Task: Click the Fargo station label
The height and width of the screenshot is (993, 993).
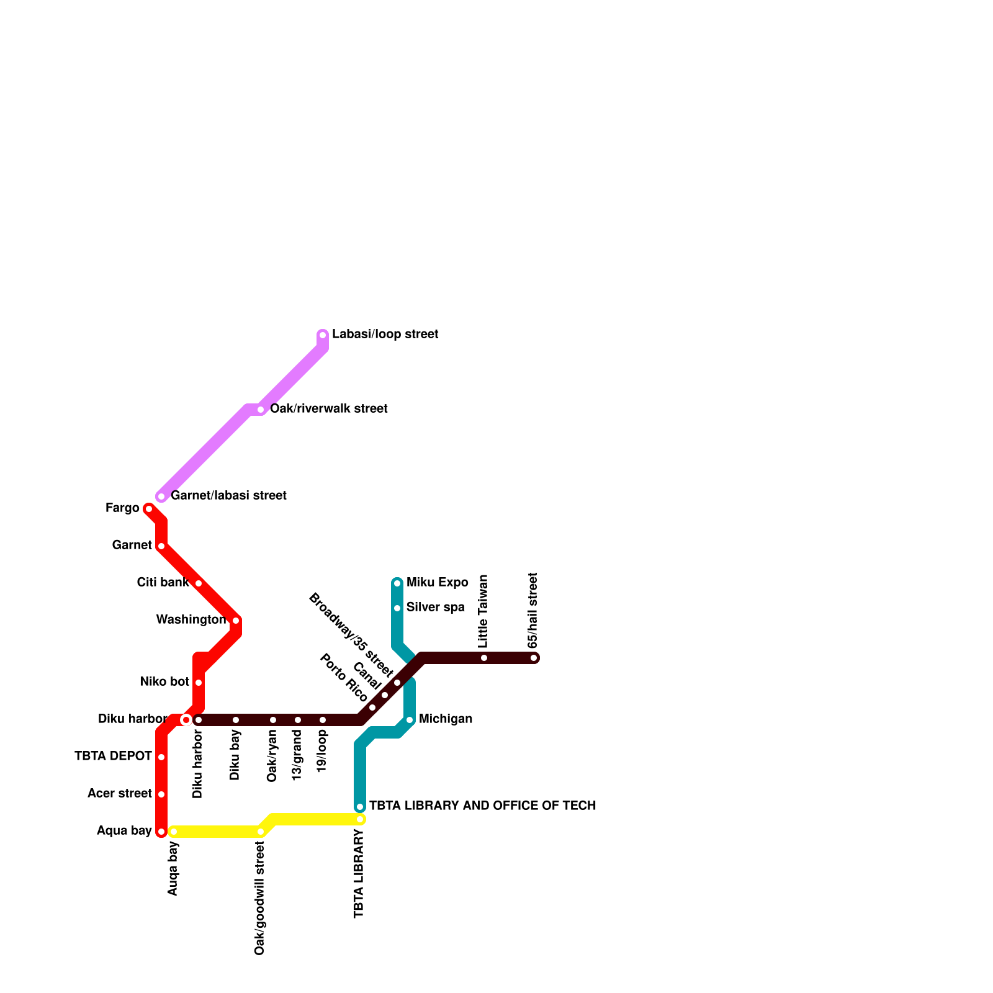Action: pos(122,508)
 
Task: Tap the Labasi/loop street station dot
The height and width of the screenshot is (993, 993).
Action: pos(323,336)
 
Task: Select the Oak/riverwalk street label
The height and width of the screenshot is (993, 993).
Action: pos(328,409)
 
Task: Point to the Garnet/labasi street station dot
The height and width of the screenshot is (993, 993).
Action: pos(161,496)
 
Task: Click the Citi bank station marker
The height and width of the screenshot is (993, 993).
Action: pos(199,583)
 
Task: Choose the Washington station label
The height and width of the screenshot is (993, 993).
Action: pos(191,620)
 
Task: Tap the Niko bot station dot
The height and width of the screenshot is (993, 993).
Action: pos(199,683)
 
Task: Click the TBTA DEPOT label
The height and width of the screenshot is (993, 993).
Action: pos(113,757)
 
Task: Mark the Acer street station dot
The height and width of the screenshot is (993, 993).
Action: pos(161,794)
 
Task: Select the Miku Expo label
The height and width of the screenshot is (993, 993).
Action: pos(437,583)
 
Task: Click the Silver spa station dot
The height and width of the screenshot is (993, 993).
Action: pos(397,608)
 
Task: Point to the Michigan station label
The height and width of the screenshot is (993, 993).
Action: pos(445,719)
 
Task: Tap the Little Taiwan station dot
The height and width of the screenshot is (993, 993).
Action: pos(484,658)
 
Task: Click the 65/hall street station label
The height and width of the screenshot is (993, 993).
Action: pos(533,610)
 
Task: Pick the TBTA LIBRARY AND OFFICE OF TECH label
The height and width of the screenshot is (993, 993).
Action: pos(482,806)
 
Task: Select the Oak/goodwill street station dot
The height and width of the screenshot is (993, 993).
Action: pos(261,832)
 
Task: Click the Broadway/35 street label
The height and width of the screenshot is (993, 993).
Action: pos(351,635)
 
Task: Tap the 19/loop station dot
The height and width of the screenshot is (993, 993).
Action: pos(323,720)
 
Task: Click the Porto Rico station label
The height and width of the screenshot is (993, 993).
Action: pos(343,678)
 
